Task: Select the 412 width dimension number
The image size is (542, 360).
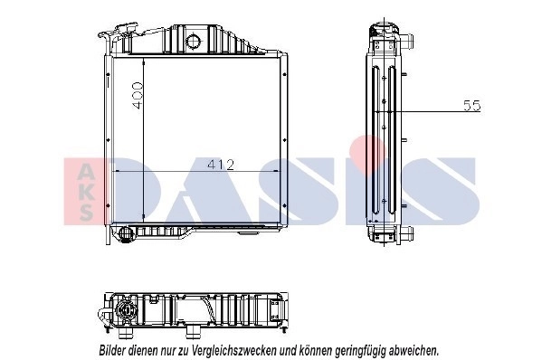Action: tap(221, 165)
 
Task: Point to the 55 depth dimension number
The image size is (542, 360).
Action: tap(471, 107)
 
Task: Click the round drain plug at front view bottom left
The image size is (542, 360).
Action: tap(124, 233)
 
